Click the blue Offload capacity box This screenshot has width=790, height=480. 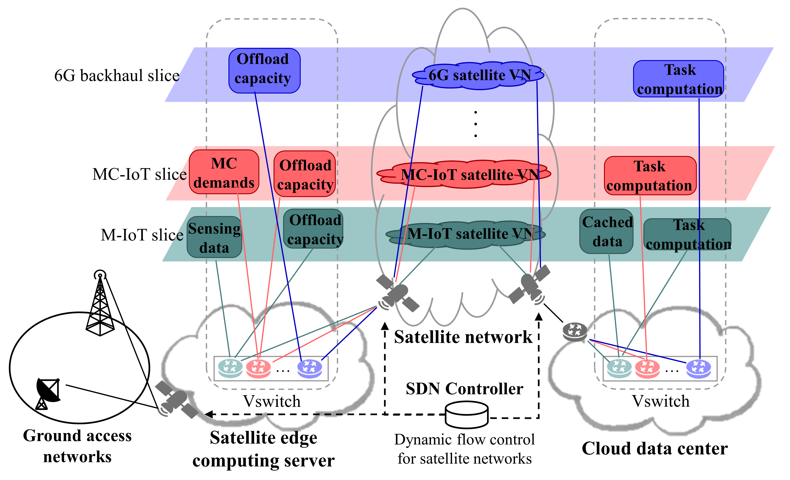(264, 71)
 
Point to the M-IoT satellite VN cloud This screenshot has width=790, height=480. (465, 234)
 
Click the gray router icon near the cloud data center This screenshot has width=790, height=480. (575, 332)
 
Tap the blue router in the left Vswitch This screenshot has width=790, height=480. (309, 368)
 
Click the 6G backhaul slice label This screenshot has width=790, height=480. (117, 76)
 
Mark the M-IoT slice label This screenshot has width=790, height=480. (142, 235)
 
